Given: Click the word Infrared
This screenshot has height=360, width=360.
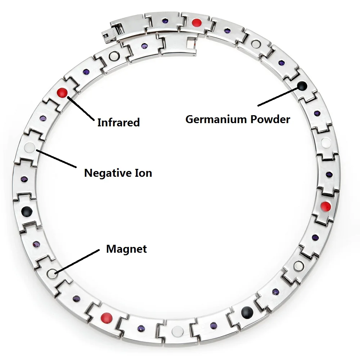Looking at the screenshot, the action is [x=118, y=122].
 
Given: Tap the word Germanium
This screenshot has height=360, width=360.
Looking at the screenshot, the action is [x=216, y=120].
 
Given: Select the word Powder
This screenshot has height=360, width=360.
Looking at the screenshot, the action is [x=270, y=120].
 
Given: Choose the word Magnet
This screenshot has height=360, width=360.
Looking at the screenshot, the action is [x=126, y=249].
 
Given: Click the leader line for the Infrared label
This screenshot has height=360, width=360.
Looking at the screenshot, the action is [x=81, y=108].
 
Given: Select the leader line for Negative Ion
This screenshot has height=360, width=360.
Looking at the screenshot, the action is [x=56, y=159].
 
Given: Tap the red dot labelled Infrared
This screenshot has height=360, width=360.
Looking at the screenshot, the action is [x=62, y=93].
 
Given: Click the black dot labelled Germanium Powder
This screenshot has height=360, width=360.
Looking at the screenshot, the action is [x=302, y=86].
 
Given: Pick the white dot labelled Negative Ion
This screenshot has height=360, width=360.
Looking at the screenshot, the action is [x=30, y=147].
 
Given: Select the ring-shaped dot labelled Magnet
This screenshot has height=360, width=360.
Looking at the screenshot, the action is [x=52, y=273].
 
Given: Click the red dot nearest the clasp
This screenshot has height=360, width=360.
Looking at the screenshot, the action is [x=197, y=23].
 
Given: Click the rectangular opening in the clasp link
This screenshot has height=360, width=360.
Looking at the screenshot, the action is [x=191, y=43].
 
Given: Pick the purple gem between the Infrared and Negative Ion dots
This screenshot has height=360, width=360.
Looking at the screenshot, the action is [x=43, y=118].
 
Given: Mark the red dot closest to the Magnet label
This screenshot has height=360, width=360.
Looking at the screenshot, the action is [x=107, y=317].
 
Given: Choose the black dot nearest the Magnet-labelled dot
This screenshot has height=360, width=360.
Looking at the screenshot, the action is [x=27, y=211].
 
